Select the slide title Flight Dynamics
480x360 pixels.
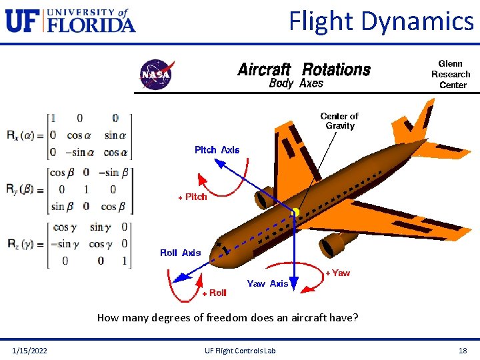click(x=381, y=21)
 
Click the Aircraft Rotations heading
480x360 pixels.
click(x=304, y=69)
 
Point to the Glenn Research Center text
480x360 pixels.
click(x=451, y=74)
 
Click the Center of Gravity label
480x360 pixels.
click(x=340, y=121)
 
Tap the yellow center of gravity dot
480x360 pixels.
click(x=294, y=213)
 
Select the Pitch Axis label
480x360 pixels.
click(x=217, y=150)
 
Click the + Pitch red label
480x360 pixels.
click(x=192, y=197)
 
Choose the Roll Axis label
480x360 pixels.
click(x=180, y=253)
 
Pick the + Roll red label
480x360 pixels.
click(x=214, y=293)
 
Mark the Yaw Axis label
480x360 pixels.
click(x=267, y=283)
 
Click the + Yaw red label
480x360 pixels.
click(x=337, y=273)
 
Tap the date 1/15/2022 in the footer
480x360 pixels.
click(x=29, y=351)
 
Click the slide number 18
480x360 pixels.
click(x=462, y=351)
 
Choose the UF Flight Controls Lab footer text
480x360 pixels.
click(x=242, y=351)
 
